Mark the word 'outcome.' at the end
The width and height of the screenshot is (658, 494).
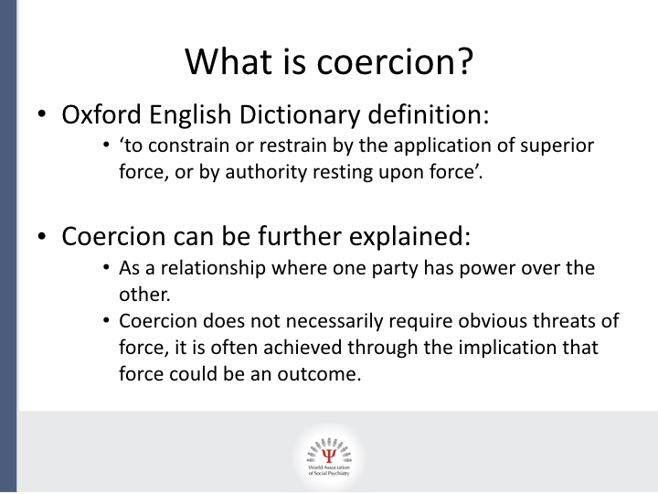point(324,374)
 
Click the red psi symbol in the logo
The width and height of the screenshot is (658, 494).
point(329,450)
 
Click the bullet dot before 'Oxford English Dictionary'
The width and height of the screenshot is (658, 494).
point(43,118)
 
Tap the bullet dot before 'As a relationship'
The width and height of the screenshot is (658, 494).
point(108,269)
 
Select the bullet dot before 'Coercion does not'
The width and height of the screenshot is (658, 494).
point(108,322)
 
